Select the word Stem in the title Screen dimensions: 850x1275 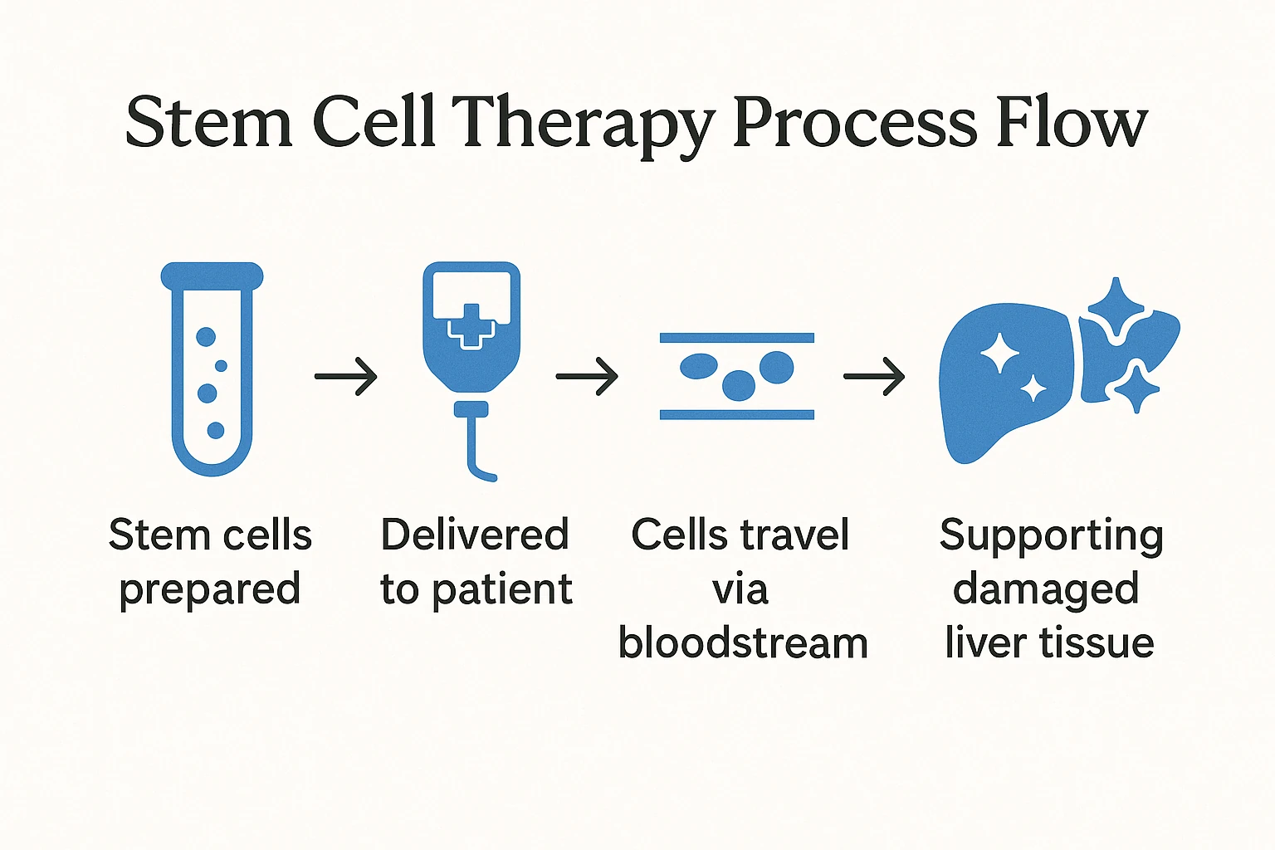click(x=208, y=125)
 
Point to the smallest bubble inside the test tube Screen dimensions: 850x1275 click(x=221, y=365)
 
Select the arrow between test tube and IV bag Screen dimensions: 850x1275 click(x=346, y=377)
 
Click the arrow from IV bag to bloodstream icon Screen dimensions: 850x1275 click(x=587, y=377)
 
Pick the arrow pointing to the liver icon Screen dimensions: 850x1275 click(x=874, y=377)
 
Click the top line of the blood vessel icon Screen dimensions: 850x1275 click(x=736, y=338)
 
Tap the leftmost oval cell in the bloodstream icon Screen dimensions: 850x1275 click(x=699, y=366)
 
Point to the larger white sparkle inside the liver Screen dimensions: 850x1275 click(x=999, y=354)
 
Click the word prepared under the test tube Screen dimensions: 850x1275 click(x=209, y=590)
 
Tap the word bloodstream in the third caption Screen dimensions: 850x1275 click(x=743, y=643)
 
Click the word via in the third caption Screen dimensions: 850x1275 click(x=740, y=590)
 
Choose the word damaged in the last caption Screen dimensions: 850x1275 click(x=1046, y=590)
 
